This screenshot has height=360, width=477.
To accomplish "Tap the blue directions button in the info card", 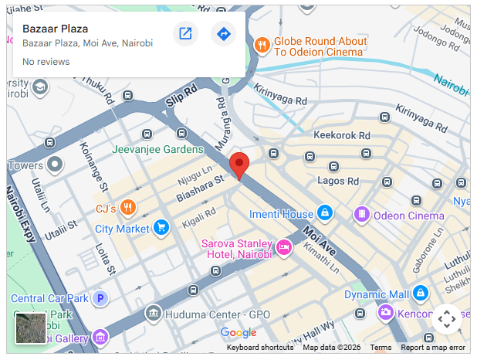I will coord(223,34).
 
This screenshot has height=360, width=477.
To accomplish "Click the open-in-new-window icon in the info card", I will coord(185,34).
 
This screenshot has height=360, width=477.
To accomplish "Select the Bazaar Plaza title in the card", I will coord(55,29).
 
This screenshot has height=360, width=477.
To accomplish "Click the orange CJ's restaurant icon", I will coord(128,208).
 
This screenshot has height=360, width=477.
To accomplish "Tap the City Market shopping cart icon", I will coord(161,227).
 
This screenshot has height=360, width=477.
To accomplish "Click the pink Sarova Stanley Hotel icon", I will coord(283,247).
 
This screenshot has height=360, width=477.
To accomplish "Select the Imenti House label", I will coord(281,214).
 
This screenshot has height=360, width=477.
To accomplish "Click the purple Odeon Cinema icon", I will coord(360,214).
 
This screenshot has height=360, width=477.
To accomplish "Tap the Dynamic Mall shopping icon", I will coord(420,294).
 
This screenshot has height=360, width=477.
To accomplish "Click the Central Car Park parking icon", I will coord(99,297).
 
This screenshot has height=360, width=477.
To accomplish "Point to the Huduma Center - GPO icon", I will coord(153,314).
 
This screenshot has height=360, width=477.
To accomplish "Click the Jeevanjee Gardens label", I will coord(157,149).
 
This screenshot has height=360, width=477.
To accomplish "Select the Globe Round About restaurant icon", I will coord(262,45).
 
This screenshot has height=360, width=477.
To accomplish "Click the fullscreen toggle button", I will coord(447,319).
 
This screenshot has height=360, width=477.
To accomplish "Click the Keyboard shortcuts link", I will coord(260,348).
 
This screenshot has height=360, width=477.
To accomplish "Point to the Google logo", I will coord(238,333).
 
